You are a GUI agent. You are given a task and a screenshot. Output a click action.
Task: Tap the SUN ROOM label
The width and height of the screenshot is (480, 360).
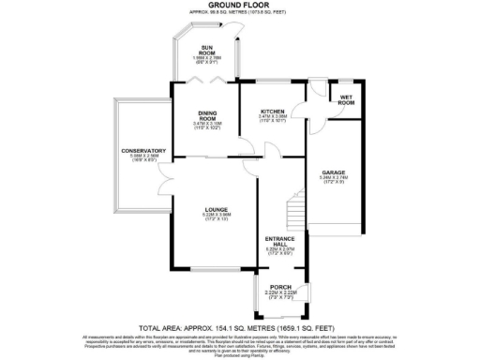tap(208, 51)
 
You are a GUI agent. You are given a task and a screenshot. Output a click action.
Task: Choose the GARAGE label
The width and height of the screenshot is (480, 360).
tap(334, 172)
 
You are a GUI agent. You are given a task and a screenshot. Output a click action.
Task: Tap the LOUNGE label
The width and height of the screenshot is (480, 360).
tap(215, 210)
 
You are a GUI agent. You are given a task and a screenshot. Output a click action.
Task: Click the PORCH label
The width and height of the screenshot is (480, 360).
tap(280, 286)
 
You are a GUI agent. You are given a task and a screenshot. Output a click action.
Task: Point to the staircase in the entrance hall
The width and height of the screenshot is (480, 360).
tap(296, 206)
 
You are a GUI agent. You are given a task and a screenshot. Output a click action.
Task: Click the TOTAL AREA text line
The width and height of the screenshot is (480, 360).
tap(239, 328)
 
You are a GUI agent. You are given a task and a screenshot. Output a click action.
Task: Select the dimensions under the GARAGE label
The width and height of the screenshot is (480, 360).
tap(334, 180)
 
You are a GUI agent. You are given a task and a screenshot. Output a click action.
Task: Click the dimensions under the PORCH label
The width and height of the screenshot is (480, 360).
tap(280, 295)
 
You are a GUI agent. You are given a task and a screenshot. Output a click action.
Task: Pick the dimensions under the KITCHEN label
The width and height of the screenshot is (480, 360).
tap(273, 118)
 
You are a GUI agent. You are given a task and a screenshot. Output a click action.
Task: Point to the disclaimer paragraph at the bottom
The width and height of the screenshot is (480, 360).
tap(239, 343)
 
